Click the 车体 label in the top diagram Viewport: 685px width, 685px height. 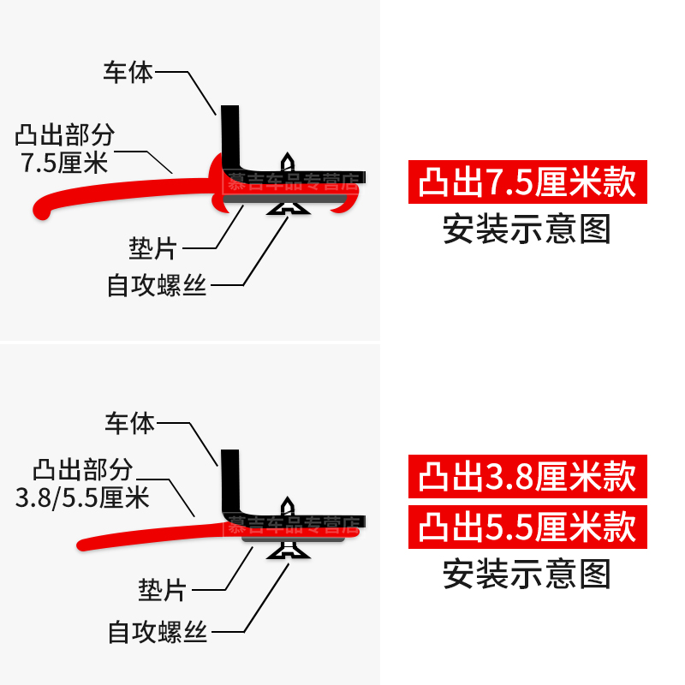[x=128, y=72]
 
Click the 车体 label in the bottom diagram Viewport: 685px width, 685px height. [x=129, y=423]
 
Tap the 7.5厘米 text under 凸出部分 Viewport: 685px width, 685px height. [x=67, y=161]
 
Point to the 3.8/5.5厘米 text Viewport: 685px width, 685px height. [x=83, y=496]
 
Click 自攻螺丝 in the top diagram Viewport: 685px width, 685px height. [x=157, y=285]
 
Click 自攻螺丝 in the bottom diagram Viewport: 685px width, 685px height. [x=158, y=633]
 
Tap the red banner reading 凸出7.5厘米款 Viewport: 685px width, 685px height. [x=527, y=183]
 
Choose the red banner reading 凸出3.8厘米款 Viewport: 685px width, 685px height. [x=527, y=477]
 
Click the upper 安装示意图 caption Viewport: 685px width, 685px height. [x=527, y=229]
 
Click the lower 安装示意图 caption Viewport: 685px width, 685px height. [x=527, y=574]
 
